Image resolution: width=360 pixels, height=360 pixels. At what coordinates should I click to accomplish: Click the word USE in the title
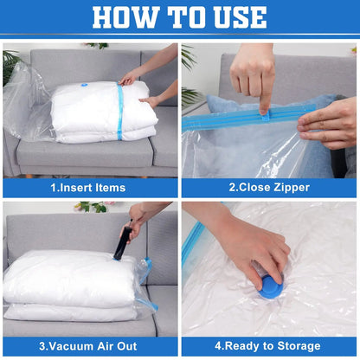pyautogui.click(x=237, y=16)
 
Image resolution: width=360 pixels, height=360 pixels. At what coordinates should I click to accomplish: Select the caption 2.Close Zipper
pyautogui.click(x=270, y=188)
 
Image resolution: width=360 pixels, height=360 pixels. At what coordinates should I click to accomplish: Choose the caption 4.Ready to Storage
pyautogui.click(x=270, y=347)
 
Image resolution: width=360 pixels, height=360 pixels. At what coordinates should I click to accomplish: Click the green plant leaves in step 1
pyautogui.click(x=10, y=65)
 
